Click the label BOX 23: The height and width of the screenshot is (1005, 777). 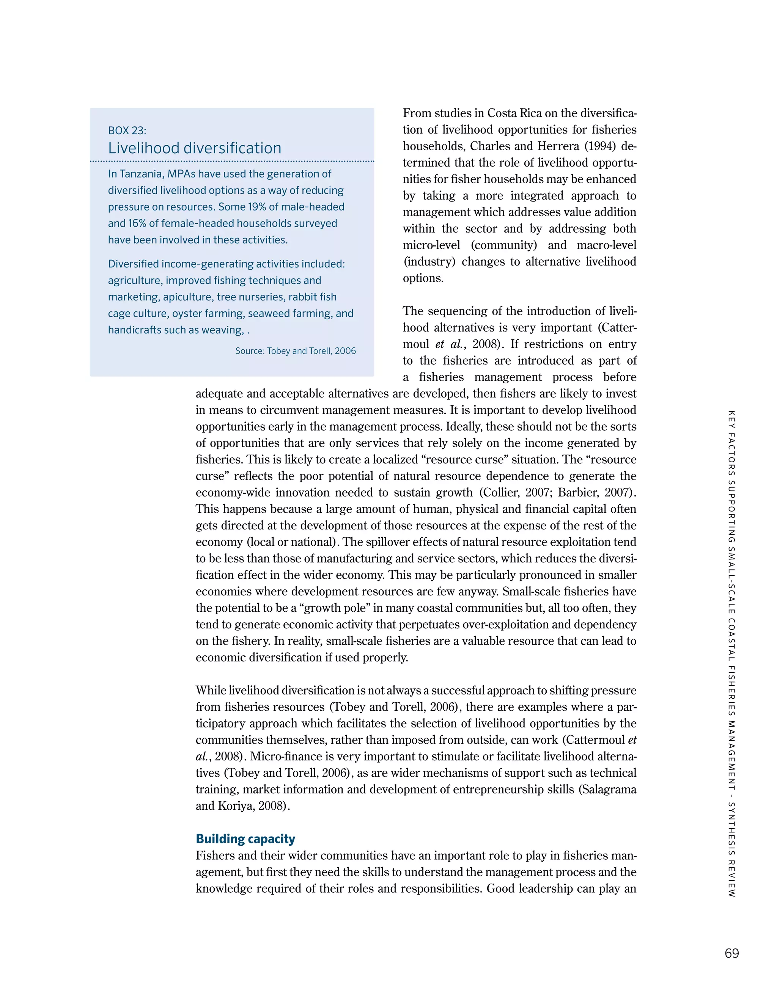tap(127, 131)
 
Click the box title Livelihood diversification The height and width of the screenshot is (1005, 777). tap(194, 148)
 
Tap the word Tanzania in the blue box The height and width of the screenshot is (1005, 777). tap(140, 174)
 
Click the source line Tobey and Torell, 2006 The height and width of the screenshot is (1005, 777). tap(296, 351)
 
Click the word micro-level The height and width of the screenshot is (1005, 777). tap(431, 245)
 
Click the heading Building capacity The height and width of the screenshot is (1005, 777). tap(245, 839)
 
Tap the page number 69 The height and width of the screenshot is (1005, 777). tap(731, 954)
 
